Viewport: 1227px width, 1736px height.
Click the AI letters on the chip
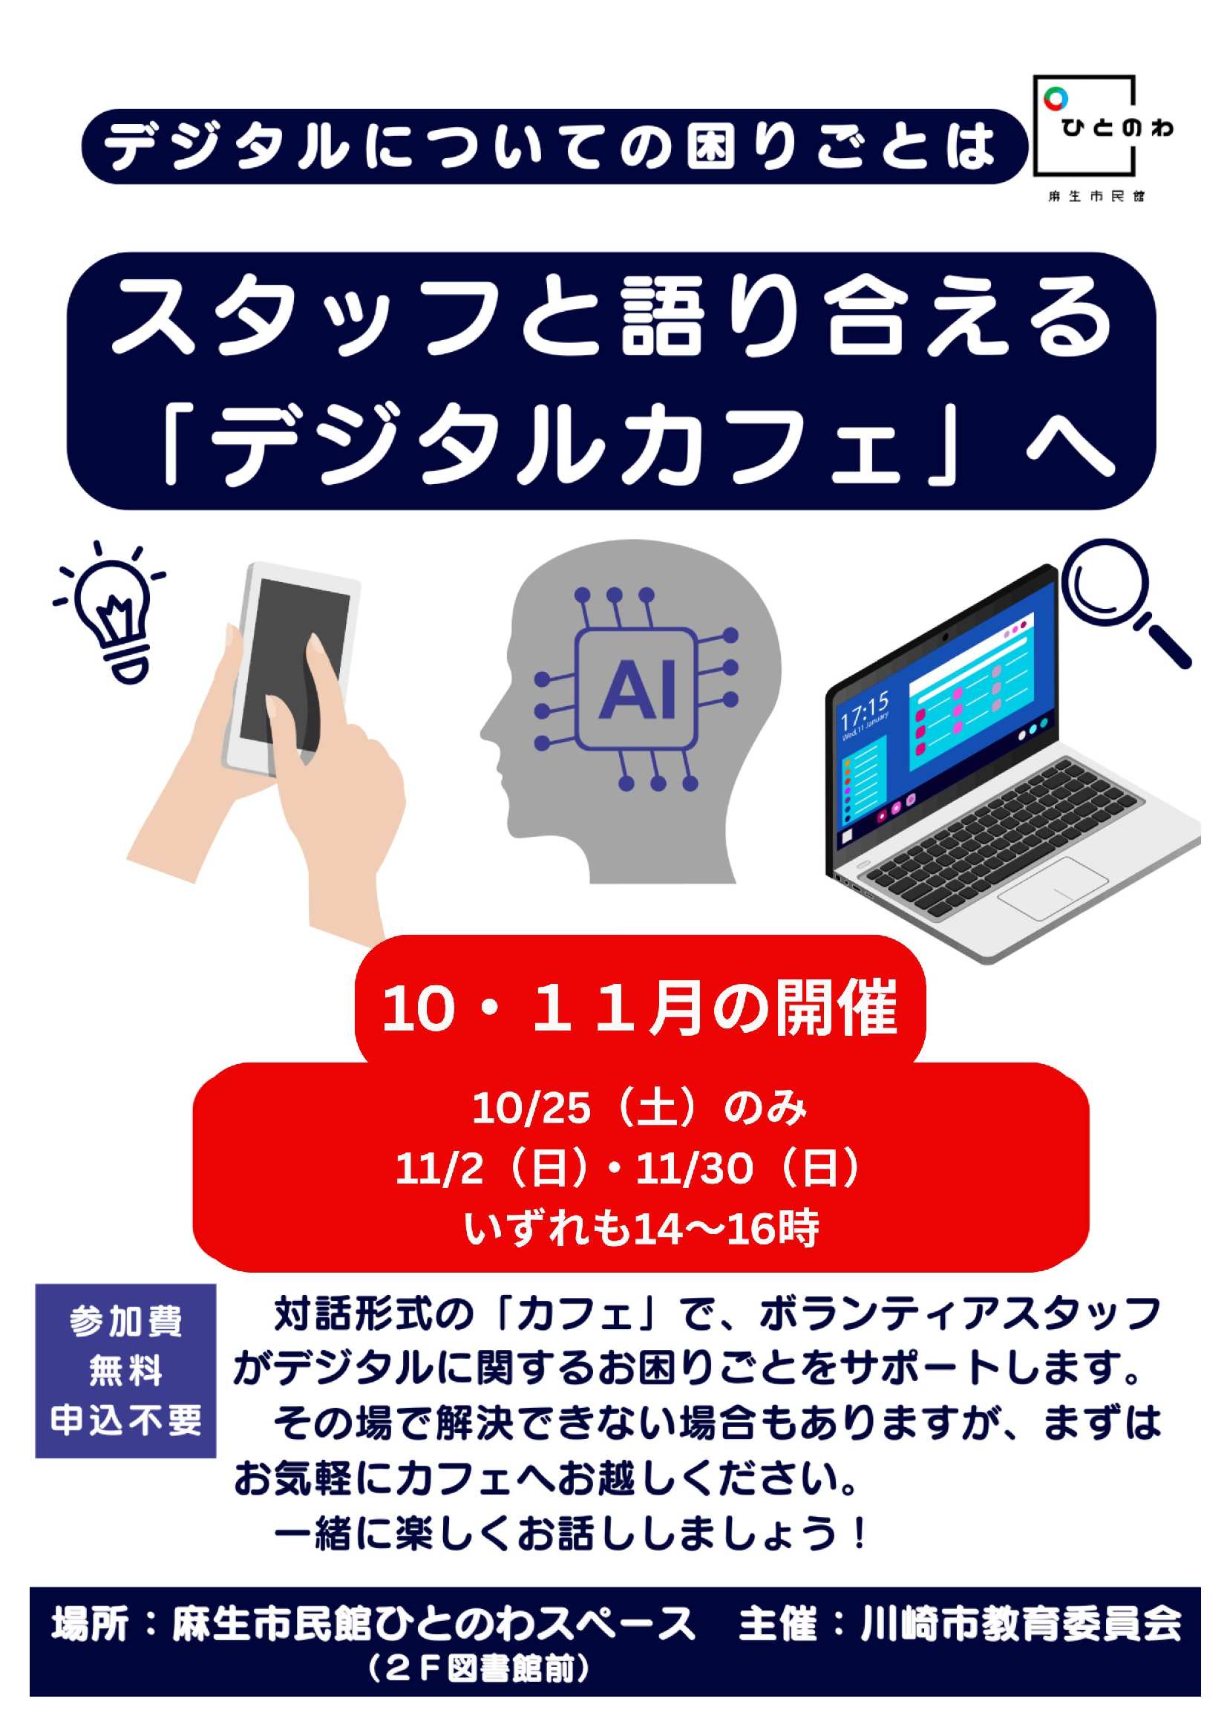637,689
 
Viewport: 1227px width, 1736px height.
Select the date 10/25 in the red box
531,1109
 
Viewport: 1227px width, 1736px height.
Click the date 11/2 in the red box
439,1168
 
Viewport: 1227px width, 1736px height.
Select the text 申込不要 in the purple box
126,1420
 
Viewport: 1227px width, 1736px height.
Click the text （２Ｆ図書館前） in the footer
479,1670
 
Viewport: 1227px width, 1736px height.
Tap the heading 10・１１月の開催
640,1007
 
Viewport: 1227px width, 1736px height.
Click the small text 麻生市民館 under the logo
1096,197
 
